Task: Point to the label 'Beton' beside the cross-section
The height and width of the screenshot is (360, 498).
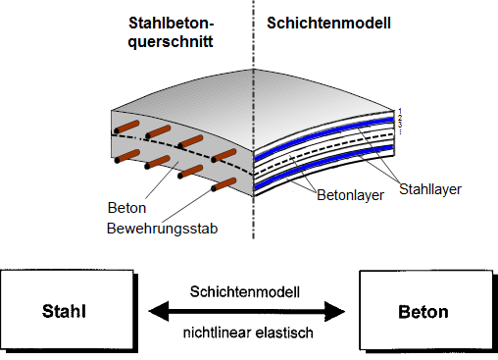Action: [x=125, y=208]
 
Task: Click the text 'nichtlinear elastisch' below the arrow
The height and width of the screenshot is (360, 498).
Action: [x=248, y=333]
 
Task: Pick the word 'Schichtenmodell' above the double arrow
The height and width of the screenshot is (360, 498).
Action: [x=248, y=291]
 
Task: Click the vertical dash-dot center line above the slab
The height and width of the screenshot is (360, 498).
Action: [x=254, y=59]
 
